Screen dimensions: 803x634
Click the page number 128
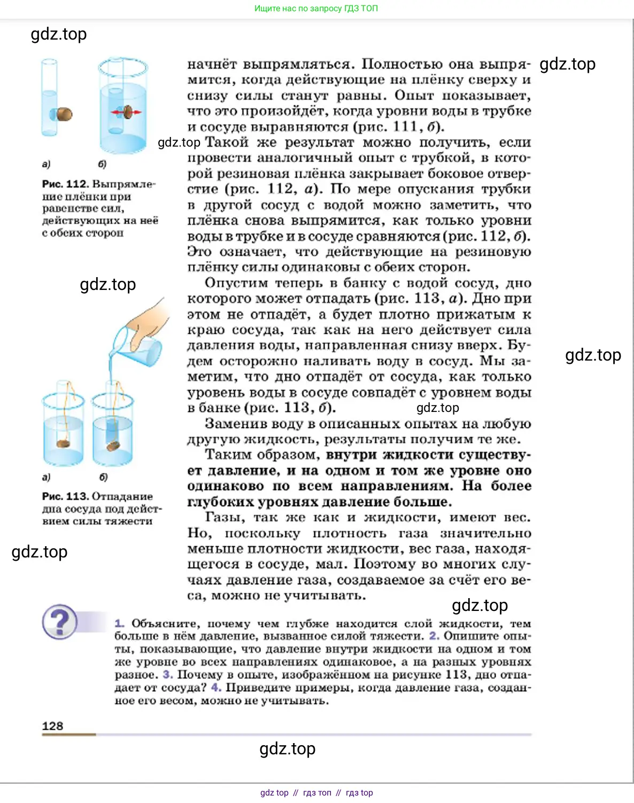[x=52, y=726]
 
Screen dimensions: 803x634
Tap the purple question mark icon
[x=60, y=622]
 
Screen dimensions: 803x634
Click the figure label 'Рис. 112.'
[x=64, y=184]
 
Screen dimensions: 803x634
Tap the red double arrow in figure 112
[x=126, y=112]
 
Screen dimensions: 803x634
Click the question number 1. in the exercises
[x=119, y=624]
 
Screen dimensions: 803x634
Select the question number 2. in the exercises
[x=434, y=636]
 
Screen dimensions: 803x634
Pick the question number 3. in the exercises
[x=167, y=675]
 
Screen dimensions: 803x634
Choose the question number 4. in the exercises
[x=215, y=687]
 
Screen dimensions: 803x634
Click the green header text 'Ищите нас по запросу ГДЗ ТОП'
[x=316, y=9]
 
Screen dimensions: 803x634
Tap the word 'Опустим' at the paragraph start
[x=236, y=283]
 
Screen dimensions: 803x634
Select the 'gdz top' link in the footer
[x=274, y=793]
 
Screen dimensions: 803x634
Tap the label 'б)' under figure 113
[x=104, y=477]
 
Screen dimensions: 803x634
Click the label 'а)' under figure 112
[x=46, y=164]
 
